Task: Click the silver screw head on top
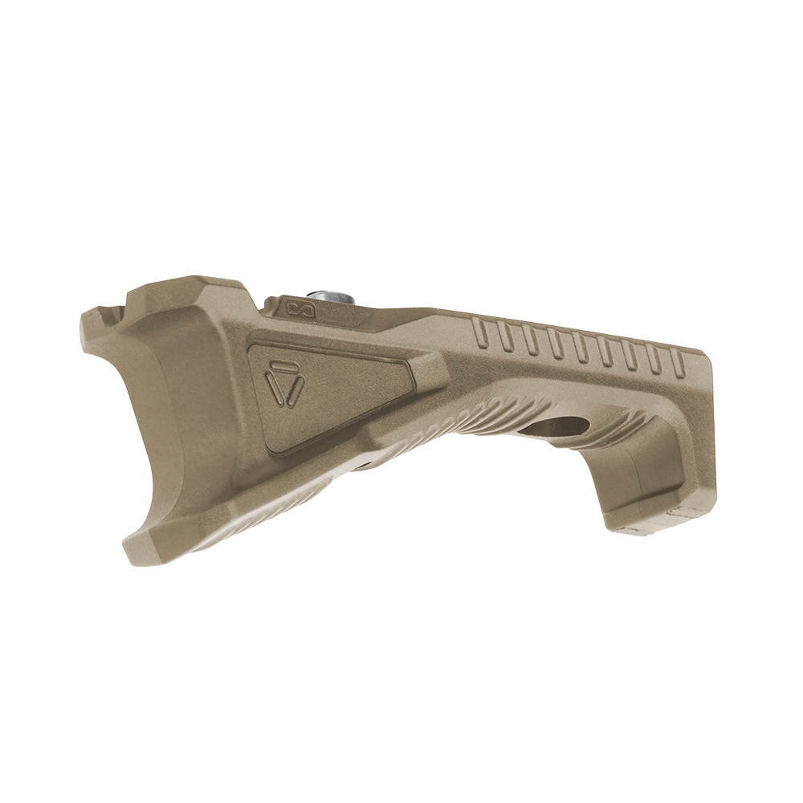(333, 296)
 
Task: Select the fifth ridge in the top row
(577, 346)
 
